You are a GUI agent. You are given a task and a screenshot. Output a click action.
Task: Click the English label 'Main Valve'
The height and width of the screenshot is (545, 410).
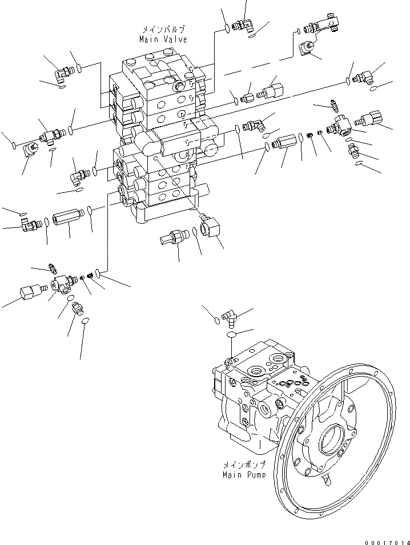point(163,39)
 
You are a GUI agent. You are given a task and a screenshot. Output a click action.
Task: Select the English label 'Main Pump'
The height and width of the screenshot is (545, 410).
point(244,474)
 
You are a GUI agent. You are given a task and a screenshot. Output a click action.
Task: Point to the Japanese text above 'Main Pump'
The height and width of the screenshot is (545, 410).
point(244,465)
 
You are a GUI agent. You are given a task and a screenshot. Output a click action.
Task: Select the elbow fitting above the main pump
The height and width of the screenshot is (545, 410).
point(230,316)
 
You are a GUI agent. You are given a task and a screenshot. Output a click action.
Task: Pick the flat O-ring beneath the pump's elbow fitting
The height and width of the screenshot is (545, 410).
point(231,335)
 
